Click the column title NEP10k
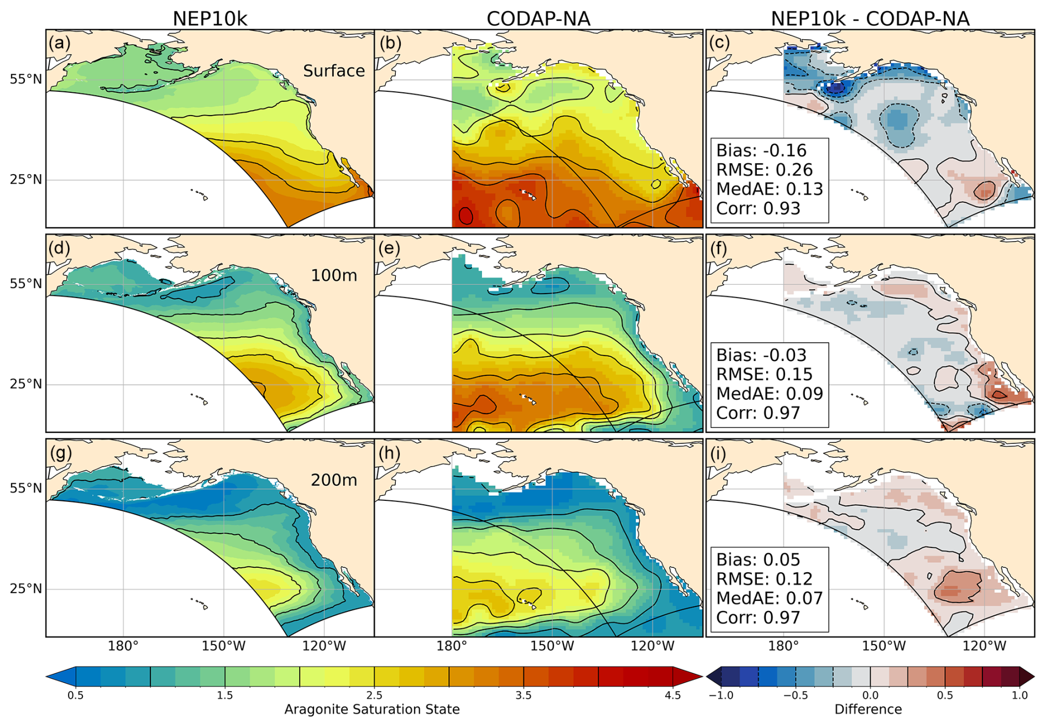pos(210,19)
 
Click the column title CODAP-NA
pos(538,19)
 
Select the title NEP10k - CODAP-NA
pos(870,19)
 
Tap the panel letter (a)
pos(60,43)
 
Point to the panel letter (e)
pos(389,248)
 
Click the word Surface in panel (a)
pos(334,71)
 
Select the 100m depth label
pos(334,275)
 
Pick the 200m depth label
pos(334,480)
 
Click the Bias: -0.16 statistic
pos(761,150)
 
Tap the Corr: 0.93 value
pos(758,208)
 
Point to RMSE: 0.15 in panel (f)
pos(764,374)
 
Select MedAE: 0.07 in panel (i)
pos(770,598)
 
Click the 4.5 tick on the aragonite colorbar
pos(673,695)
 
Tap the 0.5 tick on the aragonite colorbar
pos(76,695)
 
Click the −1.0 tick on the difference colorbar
pos(721,695)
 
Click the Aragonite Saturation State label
pos(372,709)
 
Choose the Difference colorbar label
pos(868,709)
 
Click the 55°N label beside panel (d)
pos(25,284)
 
